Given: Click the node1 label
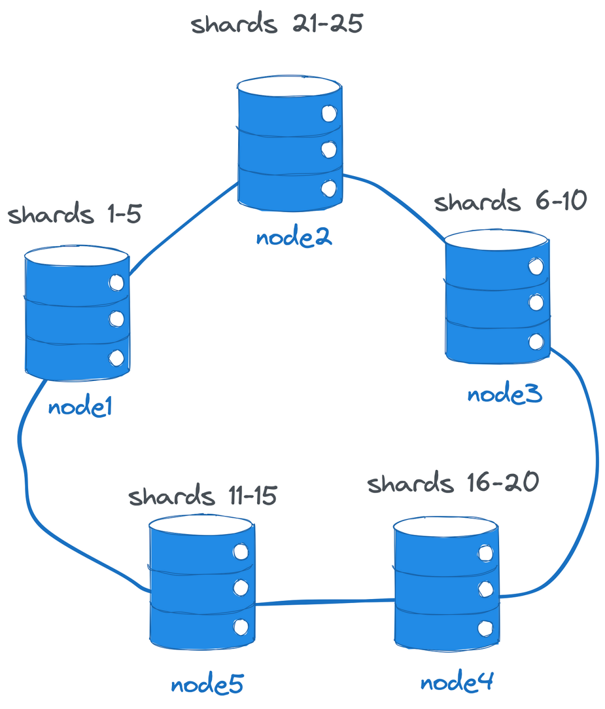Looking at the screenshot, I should coord(80,407).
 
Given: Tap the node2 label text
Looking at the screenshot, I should coord(294,238).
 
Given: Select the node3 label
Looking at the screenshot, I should coord(505,394).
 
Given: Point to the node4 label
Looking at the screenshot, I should coord(457,682).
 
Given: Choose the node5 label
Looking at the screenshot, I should coord(207,684).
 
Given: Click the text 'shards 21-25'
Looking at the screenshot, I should coord(277,24).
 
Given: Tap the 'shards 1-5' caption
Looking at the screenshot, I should coord(75,214).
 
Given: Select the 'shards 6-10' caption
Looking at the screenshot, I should coord(510,201).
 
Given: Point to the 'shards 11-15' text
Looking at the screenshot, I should coord(202,496).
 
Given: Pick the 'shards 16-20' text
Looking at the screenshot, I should coord(453,483).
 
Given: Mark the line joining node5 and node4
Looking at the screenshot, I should coord(325,602).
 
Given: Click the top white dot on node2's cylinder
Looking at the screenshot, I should coord(329,114).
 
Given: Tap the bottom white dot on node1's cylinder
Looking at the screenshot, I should coord(117,358).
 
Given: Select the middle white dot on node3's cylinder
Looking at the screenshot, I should coord(536,303).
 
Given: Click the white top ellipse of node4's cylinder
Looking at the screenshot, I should coord(445,527).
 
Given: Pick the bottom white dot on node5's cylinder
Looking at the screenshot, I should coord(241,627).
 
